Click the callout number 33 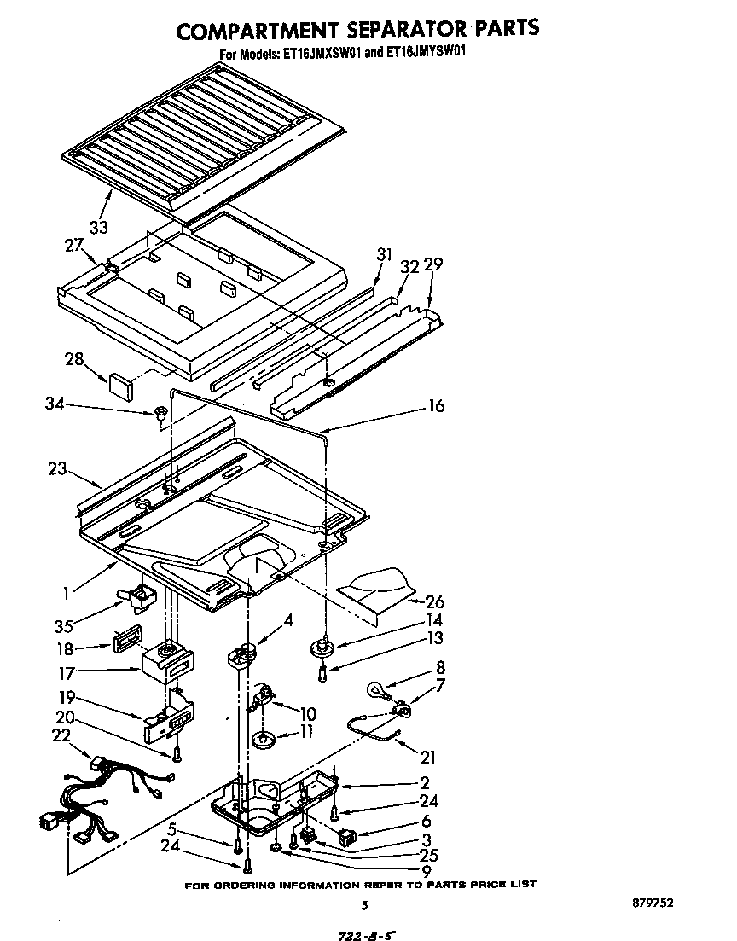coord(99,228)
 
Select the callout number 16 coord(435,407)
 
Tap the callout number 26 coord(434,602)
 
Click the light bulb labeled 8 coord(375,688)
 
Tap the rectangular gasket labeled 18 coord(125,641)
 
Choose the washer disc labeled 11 coord(264,736)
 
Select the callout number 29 coord(433,264)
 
